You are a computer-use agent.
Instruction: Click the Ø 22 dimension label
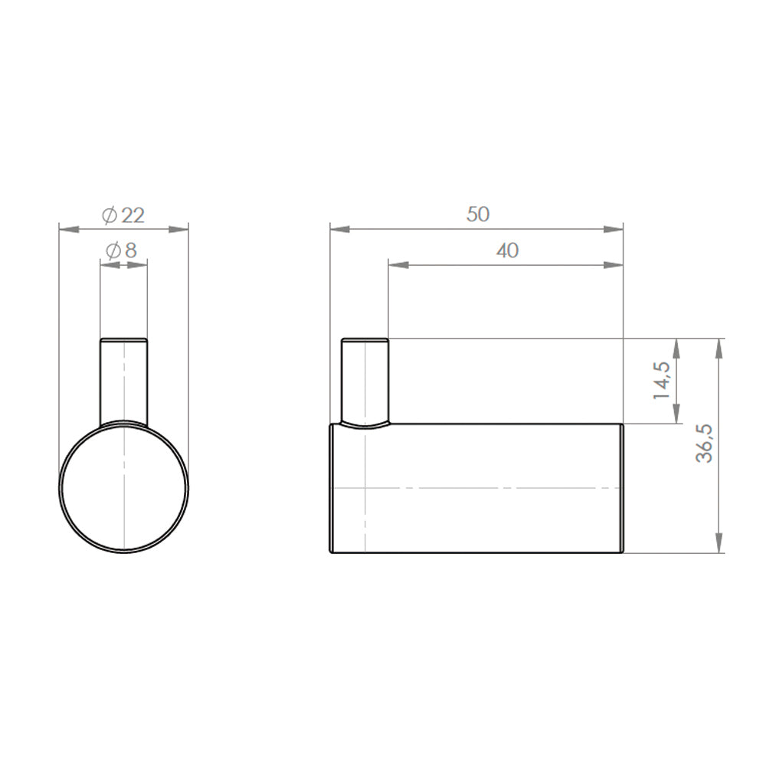123,215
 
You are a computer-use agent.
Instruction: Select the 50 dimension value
478,214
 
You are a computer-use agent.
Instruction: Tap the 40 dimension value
507,250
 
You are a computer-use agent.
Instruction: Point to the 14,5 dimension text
661,380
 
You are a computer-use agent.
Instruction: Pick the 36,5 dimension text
704,444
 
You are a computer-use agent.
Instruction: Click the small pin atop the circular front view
123,379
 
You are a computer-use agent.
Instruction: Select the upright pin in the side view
365,380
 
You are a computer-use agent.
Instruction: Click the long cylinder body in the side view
476,487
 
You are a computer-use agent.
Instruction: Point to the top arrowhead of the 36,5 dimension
719,348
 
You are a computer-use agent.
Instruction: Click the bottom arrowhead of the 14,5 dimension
676,414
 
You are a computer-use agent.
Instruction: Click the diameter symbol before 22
109,216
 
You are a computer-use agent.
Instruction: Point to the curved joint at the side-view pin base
365,424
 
